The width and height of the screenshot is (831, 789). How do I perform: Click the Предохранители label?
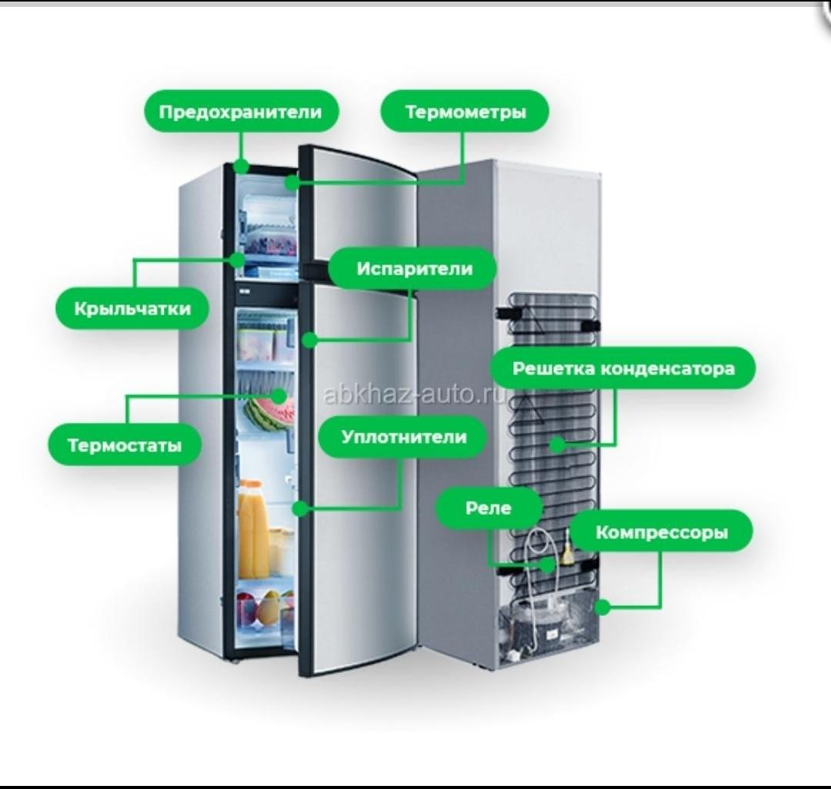pyautogui.click(x=241, y=112)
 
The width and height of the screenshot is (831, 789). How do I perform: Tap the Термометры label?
pyautogui.click(x=465, y=112)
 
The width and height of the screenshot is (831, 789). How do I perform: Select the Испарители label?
pyautogui.click(x=414, y=269)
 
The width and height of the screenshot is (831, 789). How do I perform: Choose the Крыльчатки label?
pyautogui.click(x=132, y=308)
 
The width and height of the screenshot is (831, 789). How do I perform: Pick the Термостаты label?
pyautogui.click(x=125, y=445)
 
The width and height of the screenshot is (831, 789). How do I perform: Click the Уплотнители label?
pyautogui.click(x=403, y=437)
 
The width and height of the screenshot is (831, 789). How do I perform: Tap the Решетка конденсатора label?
pyautogui.click(x=623, y=368)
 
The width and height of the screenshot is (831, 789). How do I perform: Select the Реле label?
pyautogui.click(x=489, y=508)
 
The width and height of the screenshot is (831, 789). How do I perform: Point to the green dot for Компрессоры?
pyautogui.click(x=603, y=607)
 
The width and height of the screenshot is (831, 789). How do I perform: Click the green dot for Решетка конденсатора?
pyautogui.click(x=556, y=444)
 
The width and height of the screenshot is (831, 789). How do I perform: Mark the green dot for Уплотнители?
pyautogui.click(x=301, y=508)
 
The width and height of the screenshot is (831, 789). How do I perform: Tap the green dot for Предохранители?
pyautogui.click(x=241, y=166)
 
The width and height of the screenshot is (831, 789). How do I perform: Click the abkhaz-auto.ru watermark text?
pyautogui.click(x=415, y=394)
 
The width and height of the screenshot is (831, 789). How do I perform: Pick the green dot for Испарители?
pyautogui.click(x=308, y=339)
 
